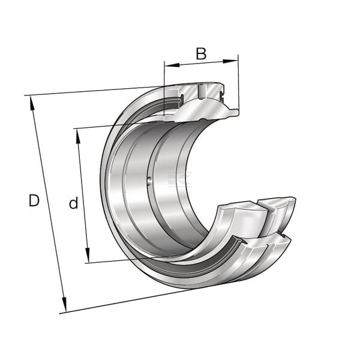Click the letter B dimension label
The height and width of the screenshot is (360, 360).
coord(201,53)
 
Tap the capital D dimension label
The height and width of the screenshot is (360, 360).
coord(34,200)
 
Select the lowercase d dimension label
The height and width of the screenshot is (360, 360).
coord(73,203)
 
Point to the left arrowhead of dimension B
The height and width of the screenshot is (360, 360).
coord(172,65)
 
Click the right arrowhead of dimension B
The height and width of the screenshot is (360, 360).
coord(230,61)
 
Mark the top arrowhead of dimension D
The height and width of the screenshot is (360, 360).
coord(32,104)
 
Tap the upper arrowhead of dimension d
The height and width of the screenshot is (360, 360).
coord(78,136)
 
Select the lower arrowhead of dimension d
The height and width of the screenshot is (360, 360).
coord(88,255)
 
